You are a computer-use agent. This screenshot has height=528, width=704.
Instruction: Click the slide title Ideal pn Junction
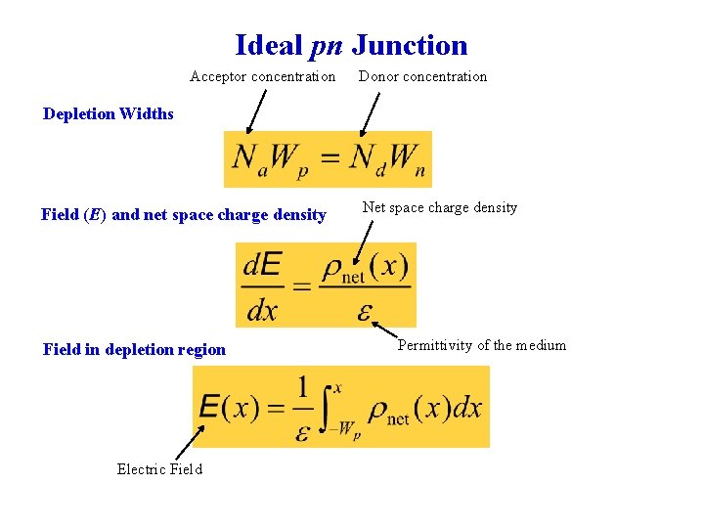tap(351, 45)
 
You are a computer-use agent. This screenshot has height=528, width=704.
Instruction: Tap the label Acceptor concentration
tap(262, 76)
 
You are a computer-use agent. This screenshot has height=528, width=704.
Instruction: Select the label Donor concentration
tap(422, 76)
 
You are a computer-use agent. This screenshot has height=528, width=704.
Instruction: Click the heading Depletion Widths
tap(109, 113)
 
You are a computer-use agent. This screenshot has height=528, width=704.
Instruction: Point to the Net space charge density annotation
tap(439, 207)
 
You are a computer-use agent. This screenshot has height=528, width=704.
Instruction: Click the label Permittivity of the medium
tap(481, 345)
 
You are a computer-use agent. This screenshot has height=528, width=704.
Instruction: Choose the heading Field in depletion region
tap(134, 349)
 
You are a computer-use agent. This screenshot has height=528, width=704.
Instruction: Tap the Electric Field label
tap(159, 469)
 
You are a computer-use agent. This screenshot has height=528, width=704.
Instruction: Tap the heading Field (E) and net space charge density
tap(184, 214)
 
